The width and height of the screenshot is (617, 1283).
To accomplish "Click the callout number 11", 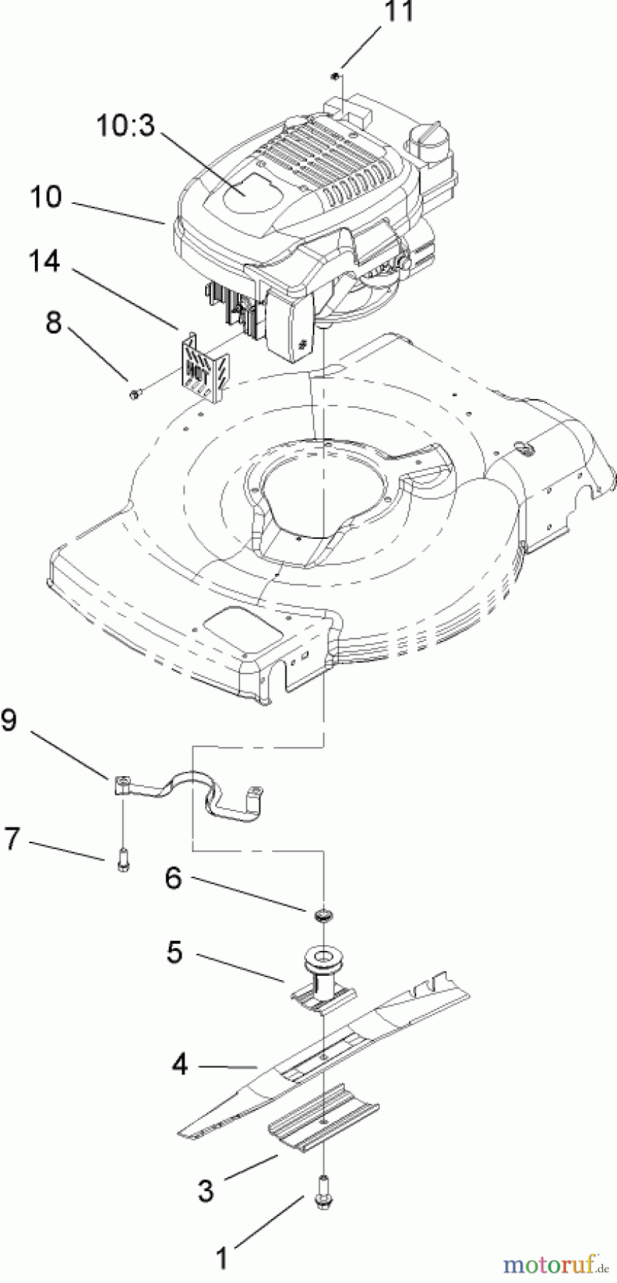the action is pos(399,12).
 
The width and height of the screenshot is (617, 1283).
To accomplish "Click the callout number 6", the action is pos(174,879).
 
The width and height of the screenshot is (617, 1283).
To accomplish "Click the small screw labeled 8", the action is pos(135,393).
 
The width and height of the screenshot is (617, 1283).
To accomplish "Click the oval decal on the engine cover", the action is pos(241,185).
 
